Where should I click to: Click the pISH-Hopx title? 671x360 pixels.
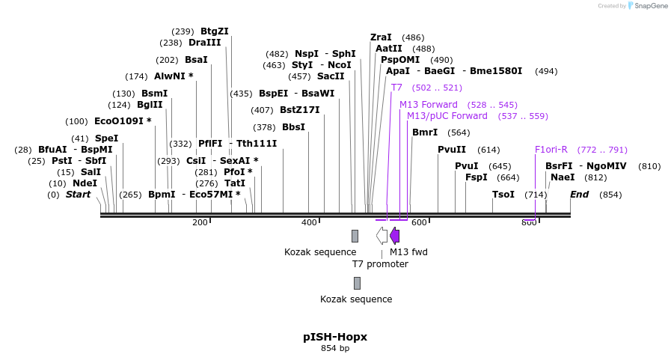(335, 337)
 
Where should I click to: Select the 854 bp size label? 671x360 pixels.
(335, 348)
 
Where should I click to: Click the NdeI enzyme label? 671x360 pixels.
(85, 183)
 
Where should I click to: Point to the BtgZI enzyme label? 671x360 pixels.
(215, 31)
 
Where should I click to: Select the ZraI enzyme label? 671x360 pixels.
(381, 37)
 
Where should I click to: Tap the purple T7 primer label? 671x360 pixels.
(396, 88)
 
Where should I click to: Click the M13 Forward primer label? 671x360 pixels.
(428, 105)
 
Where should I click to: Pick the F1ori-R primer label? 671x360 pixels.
(551, 150)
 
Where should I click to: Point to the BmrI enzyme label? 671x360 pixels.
(425, 132)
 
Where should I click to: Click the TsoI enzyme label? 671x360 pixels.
(503, 195)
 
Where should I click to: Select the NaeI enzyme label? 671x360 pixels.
(563, 177)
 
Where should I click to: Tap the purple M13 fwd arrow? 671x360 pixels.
(394, 236)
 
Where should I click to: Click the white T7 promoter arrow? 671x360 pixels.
(382, 236)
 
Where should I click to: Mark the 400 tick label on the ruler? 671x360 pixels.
(309, 222)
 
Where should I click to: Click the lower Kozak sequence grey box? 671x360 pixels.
(357, 283)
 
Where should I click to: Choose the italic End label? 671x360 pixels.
(579, 195)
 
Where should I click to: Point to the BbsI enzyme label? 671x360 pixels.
(293, 127)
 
